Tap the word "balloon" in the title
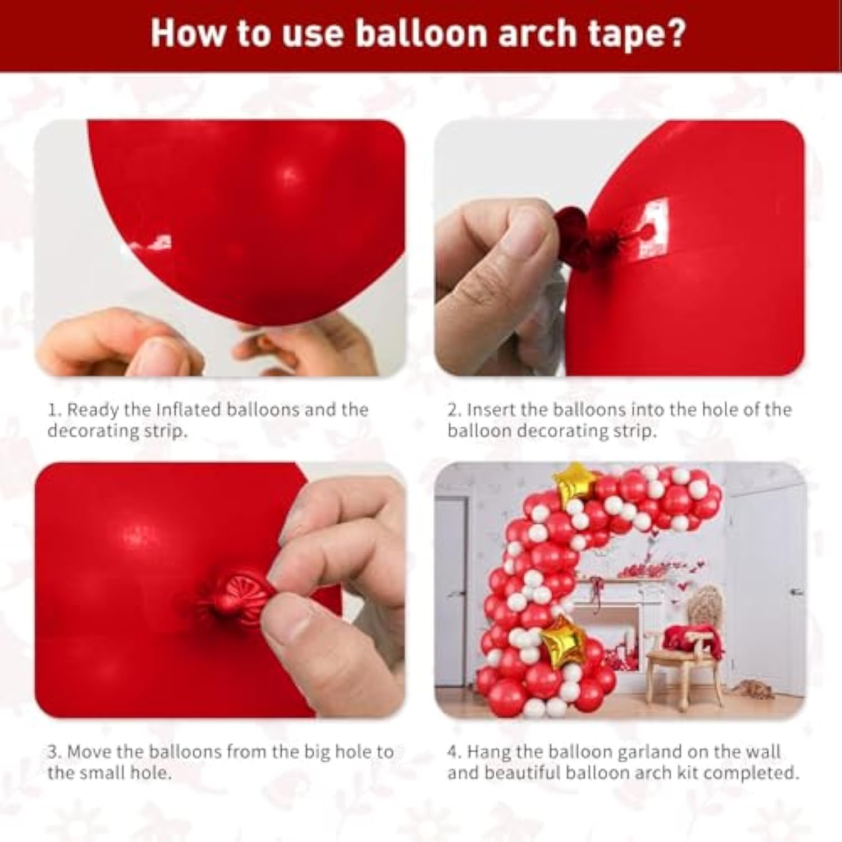coord(422,34)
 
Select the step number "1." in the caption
coord(54,410)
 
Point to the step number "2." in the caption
coord(454,410)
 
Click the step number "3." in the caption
coord(54,752)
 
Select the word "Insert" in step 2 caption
coord(491,410)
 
